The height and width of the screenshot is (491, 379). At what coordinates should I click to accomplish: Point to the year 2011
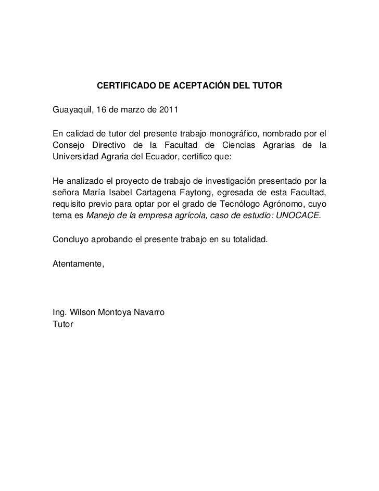coord(167,110)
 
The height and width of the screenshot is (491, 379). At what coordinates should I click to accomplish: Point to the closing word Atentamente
coord(79,265)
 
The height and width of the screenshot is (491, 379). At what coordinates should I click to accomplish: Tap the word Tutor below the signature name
coord(64,324)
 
